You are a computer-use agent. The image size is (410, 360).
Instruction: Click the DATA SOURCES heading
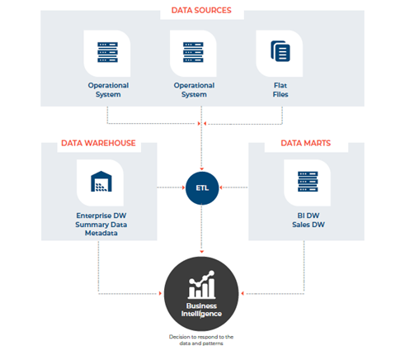pos(201,11)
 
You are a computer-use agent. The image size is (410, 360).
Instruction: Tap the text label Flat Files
pos(281,89)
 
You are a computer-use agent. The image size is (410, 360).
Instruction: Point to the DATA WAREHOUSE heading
pos(97,144)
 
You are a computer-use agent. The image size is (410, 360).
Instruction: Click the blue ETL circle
pos(202,187)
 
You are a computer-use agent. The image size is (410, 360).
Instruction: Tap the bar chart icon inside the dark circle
pos(202,286)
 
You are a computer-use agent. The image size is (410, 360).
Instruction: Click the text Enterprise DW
pos(98,216)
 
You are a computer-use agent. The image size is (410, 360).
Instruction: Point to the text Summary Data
pos(98,225)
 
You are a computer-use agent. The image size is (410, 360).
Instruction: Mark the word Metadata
pos(98,233)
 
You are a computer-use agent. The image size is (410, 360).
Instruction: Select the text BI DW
pos(306,216)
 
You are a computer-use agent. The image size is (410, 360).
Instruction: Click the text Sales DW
pos(306,225)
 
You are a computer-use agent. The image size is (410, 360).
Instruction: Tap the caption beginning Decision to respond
pos(202,341)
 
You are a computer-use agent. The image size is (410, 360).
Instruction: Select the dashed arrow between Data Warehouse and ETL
pos(169,187)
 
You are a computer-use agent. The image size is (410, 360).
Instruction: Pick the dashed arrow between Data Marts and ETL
pos(235,187)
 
